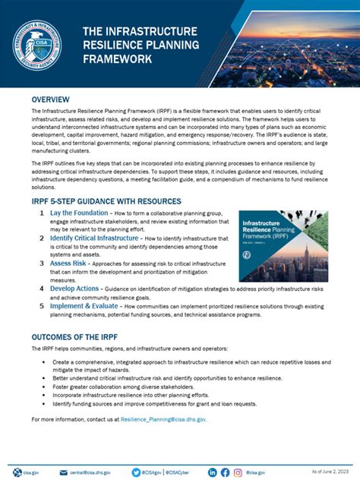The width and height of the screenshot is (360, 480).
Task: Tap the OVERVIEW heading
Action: coord(51,99)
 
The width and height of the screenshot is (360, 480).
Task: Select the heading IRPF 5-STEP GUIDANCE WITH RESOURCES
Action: coord(106,201)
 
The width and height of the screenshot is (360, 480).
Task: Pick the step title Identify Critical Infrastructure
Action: coord(94,238)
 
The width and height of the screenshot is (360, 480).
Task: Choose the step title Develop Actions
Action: coord(74,289)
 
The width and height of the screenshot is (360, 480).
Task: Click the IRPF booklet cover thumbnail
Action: coord(283,246)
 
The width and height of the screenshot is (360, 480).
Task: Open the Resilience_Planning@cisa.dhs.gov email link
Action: coord(168,419)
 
